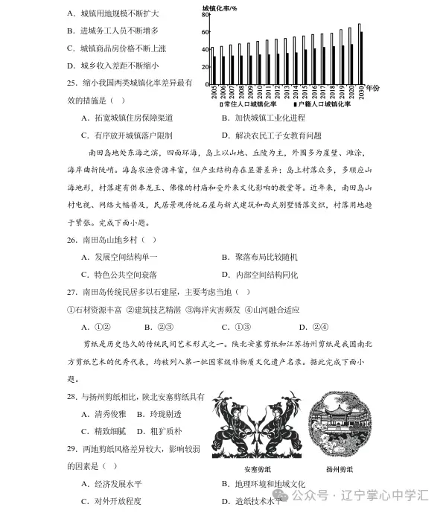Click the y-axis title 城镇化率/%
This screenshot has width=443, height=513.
click(x=220, y=7)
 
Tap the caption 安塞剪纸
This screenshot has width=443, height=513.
click(x=258, y=469)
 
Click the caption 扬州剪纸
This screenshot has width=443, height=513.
click(x=340, y=469)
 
